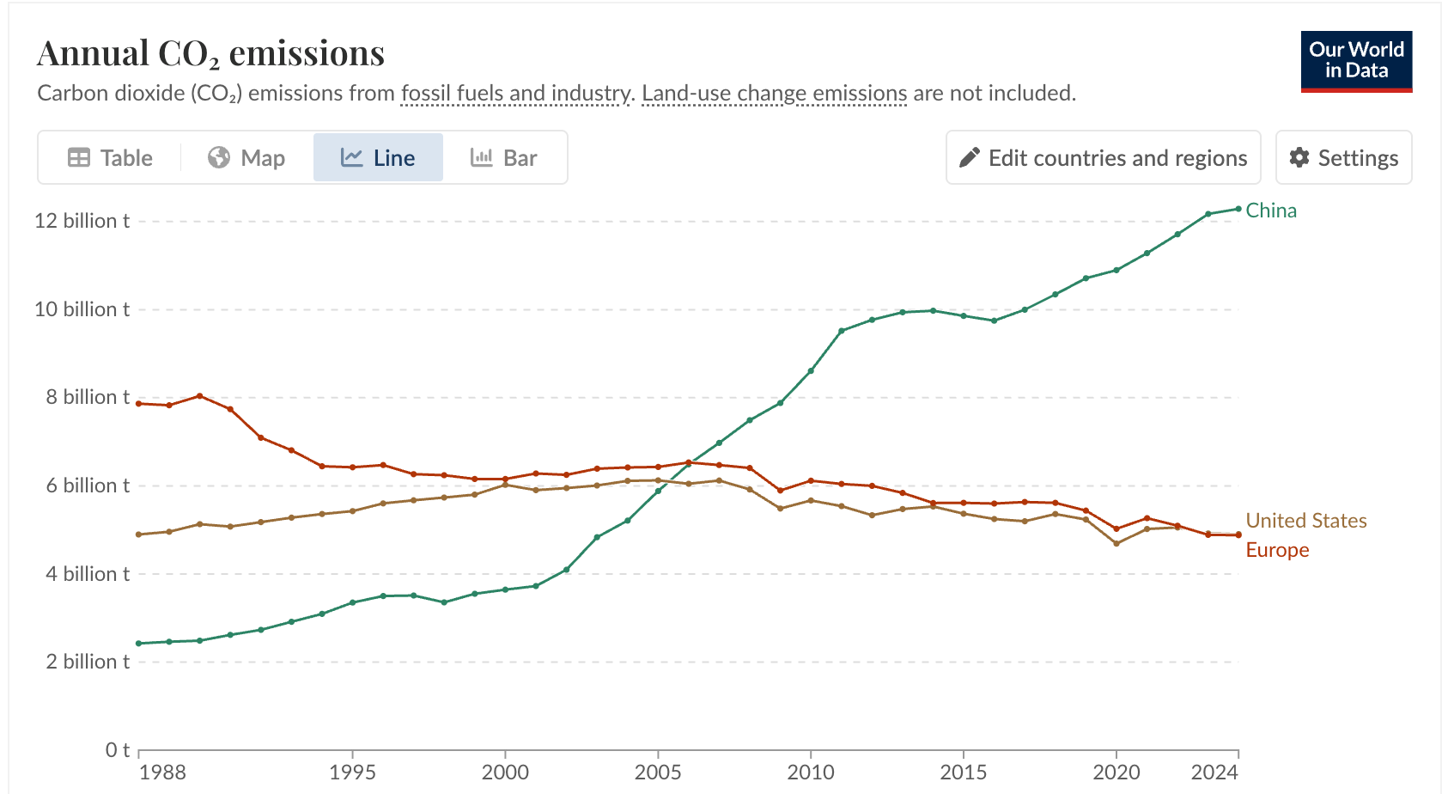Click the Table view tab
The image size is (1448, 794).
point(110,158)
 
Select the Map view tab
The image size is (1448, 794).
point(246,158)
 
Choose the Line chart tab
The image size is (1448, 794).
point(378,158)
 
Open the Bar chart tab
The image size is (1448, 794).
point(504,158)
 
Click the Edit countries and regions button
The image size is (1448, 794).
point(1103,158)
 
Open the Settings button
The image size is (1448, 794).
point(1343,158)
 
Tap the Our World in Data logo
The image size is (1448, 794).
point(1356,61)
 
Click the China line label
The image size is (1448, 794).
point(1271,211)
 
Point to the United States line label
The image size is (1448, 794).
point(1305,521)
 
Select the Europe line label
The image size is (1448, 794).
point(1277,550)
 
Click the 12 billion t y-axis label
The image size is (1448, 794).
point(82,221)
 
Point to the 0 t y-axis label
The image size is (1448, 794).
point(118,750)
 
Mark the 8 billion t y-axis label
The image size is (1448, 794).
point(88,397)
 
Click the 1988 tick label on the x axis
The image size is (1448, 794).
point(162,773)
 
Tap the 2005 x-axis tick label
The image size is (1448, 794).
point(658,773)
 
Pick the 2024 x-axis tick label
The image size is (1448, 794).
point(1214,773)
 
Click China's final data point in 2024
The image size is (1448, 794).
point(1238,209)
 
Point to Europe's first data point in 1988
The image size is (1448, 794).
point(139,403)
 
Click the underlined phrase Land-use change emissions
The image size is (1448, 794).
point(774,93)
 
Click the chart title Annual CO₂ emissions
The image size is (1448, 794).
point(210,53)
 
